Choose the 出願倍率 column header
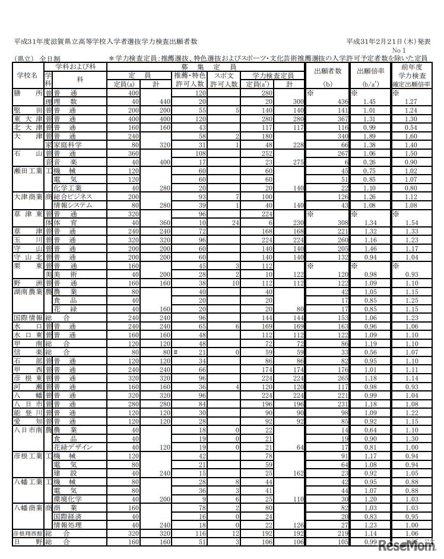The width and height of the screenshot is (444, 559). click(x=370, y=71)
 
